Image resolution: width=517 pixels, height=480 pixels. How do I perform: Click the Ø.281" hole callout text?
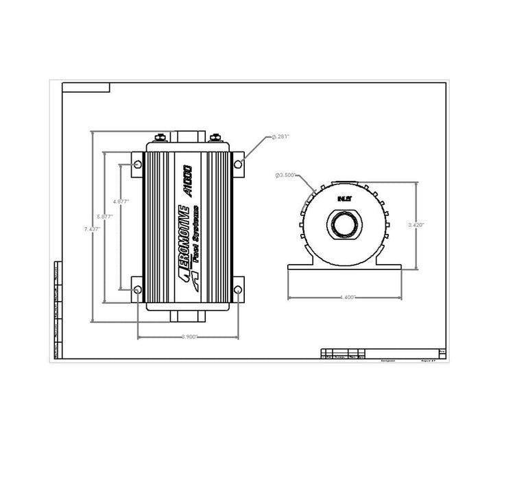point(280,137)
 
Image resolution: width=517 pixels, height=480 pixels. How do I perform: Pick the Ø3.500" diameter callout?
point(285,176)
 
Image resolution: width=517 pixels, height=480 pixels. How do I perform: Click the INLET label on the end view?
point(343,198)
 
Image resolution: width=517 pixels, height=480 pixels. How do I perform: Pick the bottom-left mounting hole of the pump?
point(137,290)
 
